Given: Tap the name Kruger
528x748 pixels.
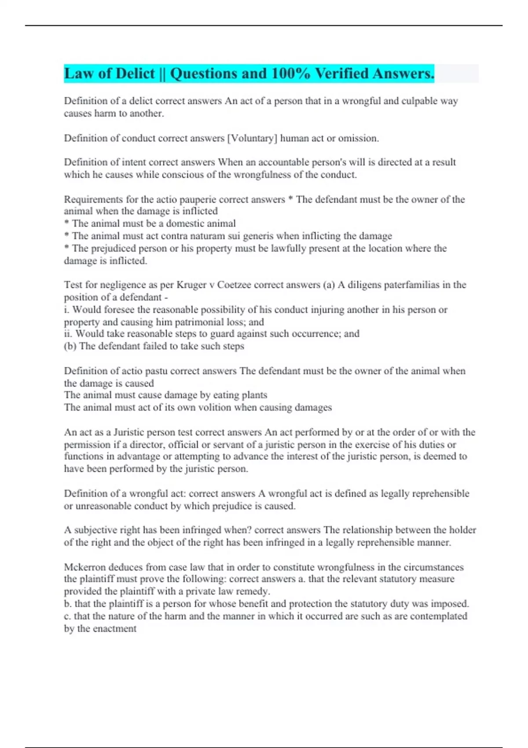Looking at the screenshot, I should tap(191, 285).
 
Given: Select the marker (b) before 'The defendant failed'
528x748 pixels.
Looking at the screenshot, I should tap(70, 346).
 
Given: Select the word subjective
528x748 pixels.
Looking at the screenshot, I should tap(96, 530).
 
